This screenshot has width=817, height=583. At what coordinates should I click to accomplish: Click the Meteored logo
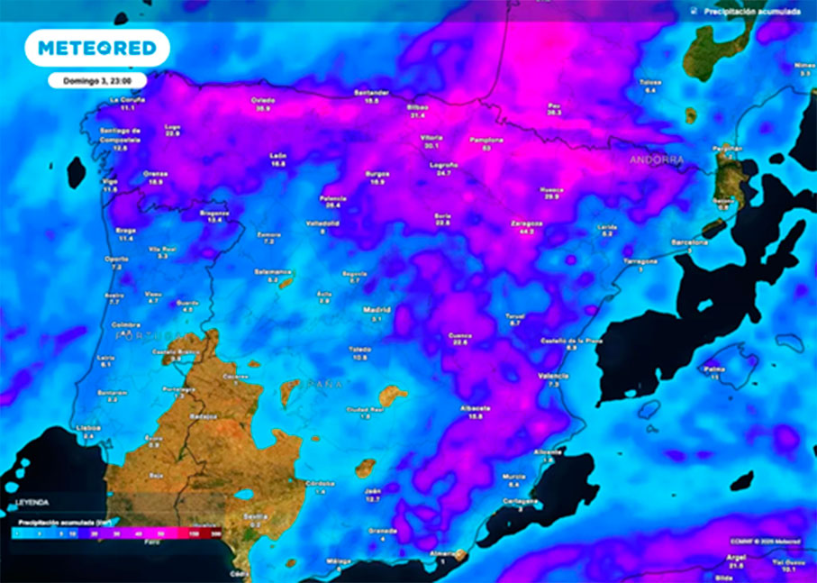pos(97,48)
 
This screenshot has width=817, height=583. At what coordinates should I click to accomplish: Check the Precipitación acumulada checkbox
pos(693,12)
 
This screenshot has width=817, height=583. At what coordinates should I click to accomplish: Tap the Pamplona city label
pos(486,141)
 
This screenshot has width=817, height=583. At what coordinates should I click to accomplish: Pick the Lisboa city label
pos(88,427)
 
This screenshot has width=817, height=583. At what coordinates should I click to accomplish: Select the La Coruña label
pos(127,99)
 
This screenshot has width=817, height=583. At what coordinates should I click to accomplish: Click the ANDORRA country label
pos(657,159)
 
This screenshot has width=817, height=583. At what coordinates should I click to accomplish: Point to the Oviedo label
pos(262,100)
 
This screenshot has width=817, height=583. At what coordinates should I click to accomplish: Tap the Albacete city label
pos(475,407)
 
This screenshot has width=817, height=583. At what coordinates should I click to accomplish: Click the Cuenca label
pos(460,335)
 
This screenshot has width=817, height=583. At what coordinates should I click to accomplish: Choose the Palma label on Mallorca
pos(714,369)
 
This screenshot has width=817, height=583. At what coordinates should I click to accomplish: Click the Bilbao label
pos(418,106)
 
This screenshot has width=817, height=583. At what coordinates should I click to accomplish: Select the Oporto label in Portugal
pos(115,259)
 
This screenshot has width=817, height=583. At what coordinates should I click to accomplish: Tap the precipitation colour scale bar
pos(117,533)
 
